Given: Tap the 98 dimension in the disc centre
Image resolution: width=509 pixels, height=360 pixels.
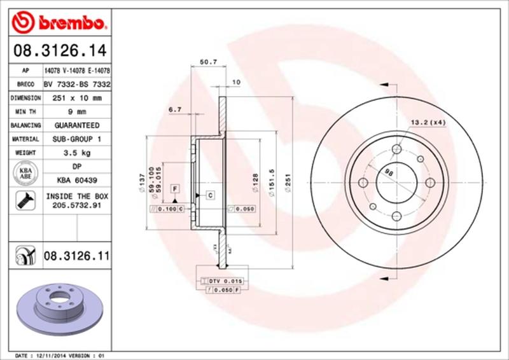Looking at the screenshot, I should [x=390, y=172].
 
